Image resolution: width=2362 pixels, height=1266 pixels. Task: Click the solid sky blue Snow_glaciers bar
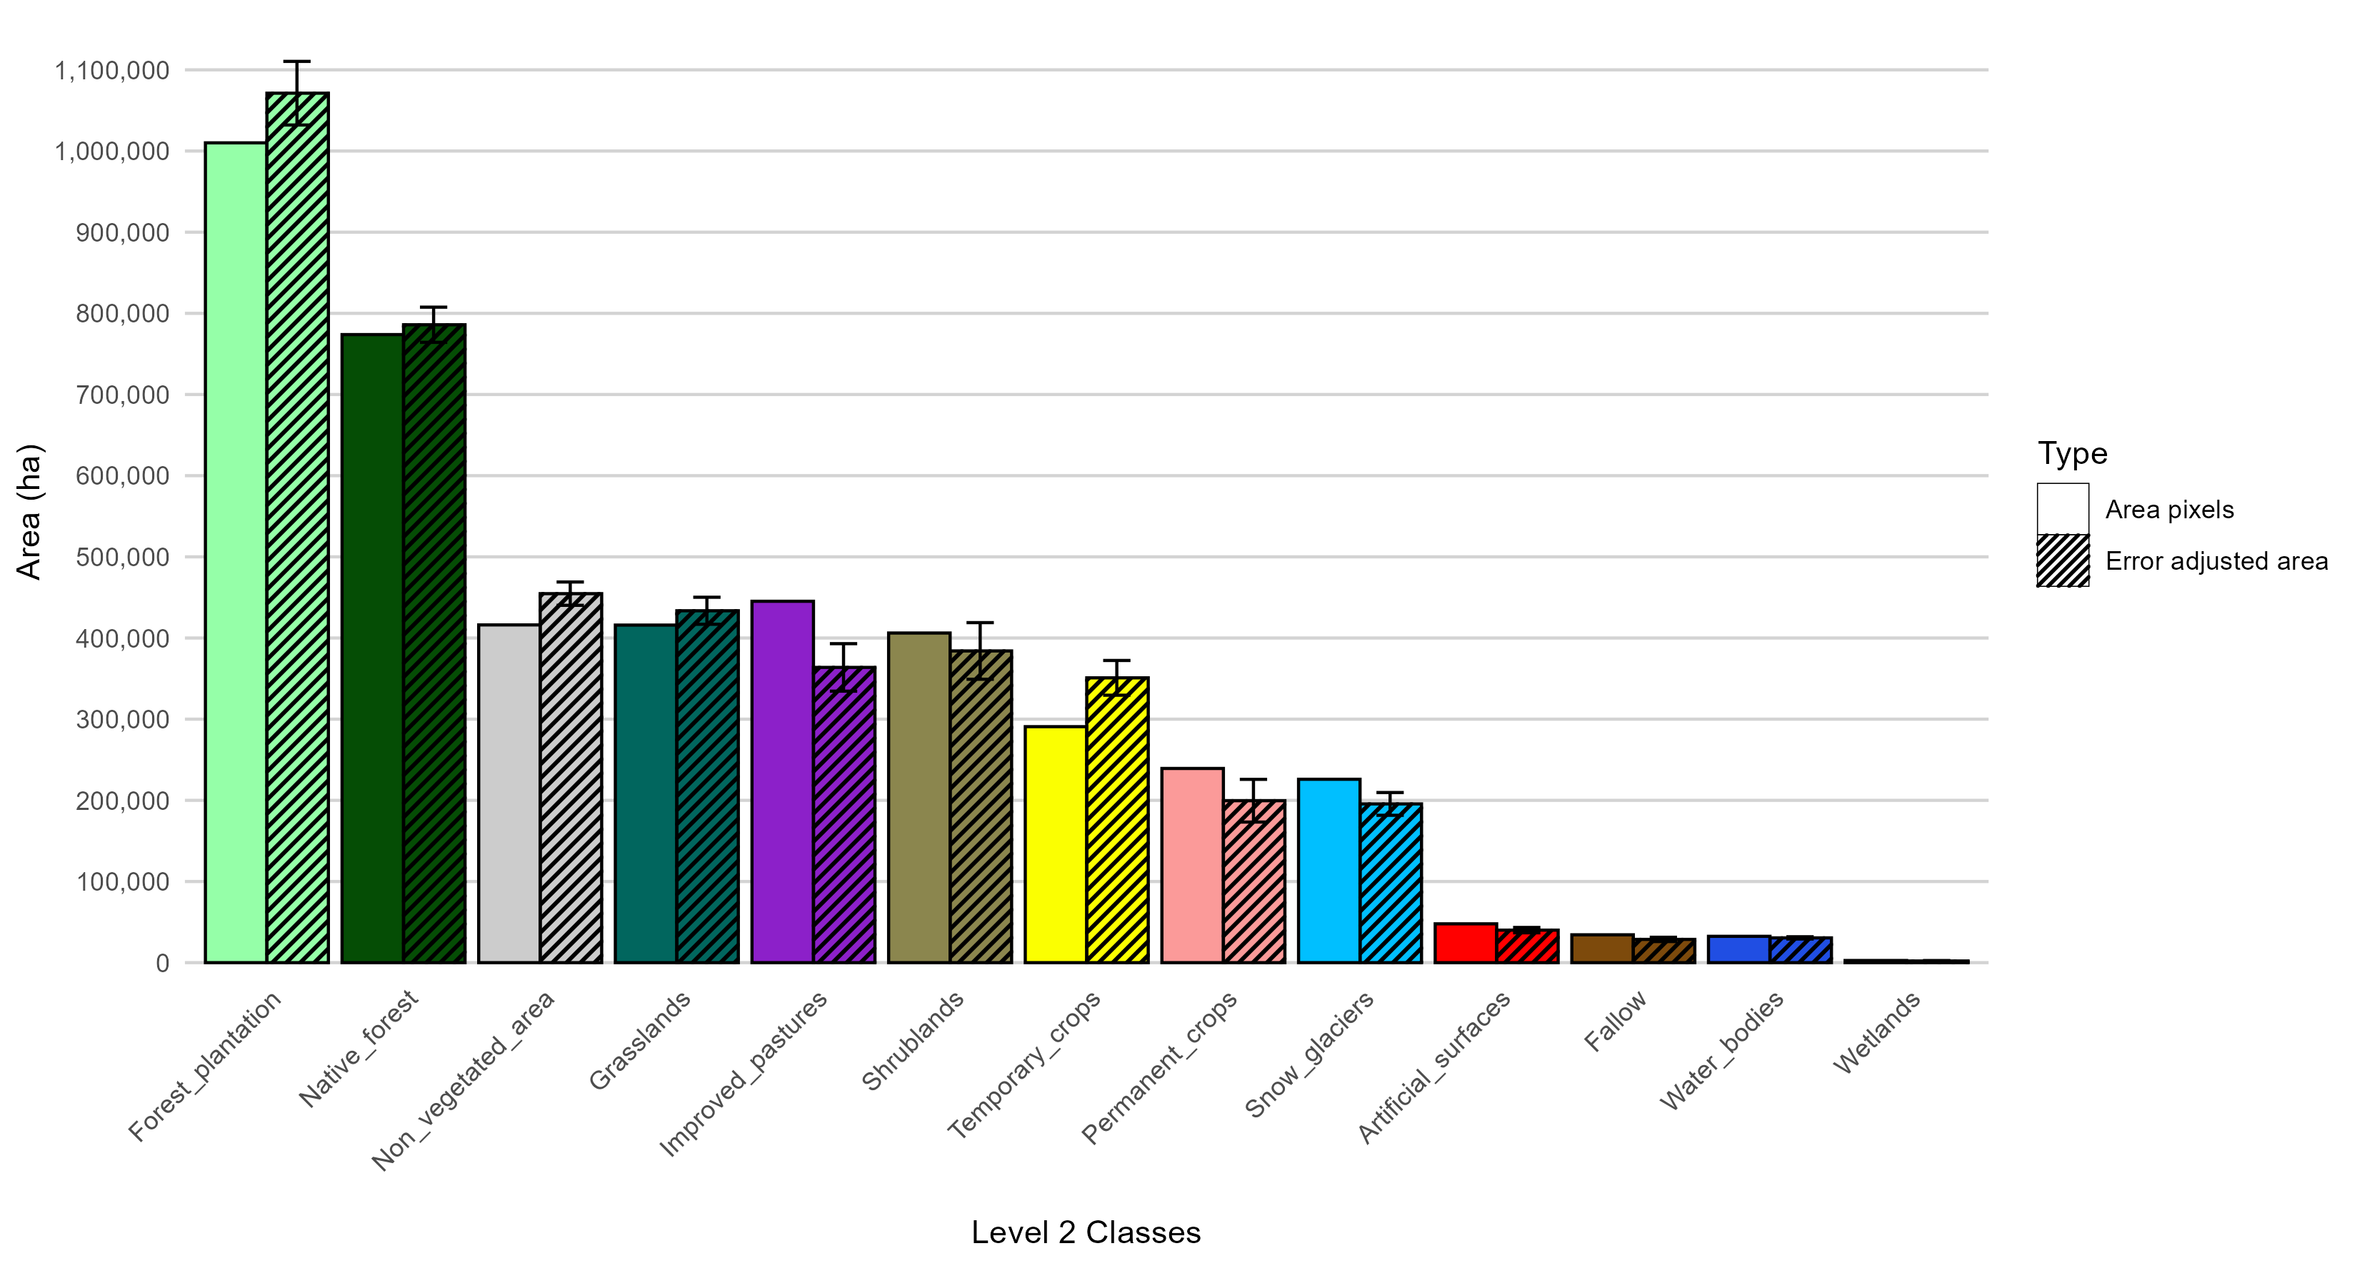[1328, 871]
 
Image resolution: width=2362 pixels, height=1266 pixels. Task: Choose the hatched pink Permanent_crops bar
[1253, 881]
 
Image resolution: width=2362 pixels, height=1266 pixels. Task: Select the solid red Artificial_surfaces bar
[1465, 943]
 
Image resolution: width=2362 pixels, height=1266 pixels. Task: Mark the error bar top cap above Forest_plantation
[297, 61]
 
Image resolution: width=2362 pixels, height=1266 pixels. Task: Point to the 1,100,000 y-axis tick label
[112, 71]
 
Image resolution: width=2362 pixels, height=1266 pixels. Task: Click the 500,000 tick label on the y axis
[123, 558]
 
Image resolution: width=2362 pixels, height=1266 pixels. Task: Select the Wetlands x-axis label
[1876, 1032]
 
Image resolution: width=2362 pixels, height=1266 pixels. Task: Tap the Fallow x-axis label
[1616, 1021]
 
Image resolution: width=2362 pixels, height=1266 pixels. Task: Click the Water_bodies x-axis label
[1721, 1050]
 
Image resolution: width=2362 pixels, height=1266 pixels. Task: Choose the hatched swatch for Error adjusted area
[2063, 560]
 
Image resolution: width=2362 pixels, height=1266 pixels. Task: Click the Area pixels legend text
[2168, 510]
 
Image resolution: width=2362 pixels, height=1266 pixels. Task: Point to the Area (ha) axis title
[29, 512]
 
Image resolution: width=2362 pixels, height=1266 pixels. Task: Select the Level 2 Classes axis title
[1086, 1232]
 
